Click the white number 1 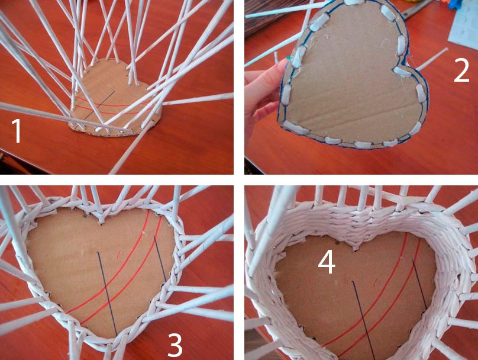17,131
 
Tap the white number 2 461,71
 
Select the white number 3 175,345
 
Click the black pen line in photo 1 99,105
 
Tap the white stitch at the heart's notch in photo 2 400,71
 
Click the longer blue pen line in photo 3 107,294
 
